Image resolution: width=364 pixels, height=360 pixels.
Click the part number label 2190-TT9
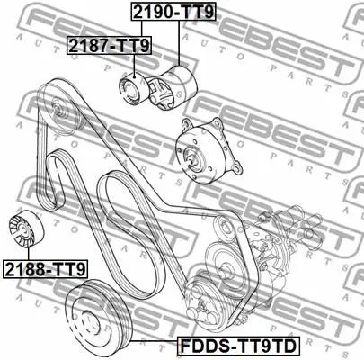[x=173, y=12]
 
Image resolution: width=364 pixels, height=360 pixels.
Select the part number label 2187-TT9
[x=110, y=45]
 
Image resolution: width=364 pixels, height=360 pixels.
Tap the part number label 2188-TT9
[x=45, y=269]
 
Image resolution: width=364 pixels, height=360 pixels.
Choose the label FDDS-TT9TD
[x=238, y=346]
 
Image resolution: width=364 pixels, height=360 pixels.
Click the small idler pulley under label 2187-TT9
[x=132, y=90]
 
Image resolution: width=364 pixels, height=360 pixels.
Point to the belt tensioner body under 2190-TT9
[x=172, y=88]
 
